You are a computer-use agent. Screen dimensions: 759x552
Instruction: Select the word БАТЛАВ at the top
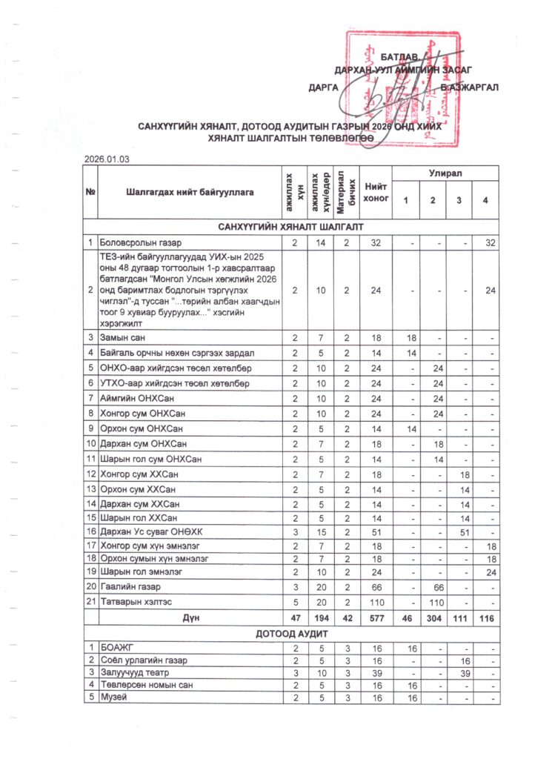[400, 57]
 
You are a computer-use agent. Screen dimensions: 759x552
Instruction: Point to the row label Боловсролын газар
[142, 242]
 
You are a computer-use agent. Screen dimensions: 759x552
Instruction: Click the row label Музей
[113, 697]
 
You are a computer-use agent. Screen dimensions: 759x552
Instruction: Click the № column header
[90, 192]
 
